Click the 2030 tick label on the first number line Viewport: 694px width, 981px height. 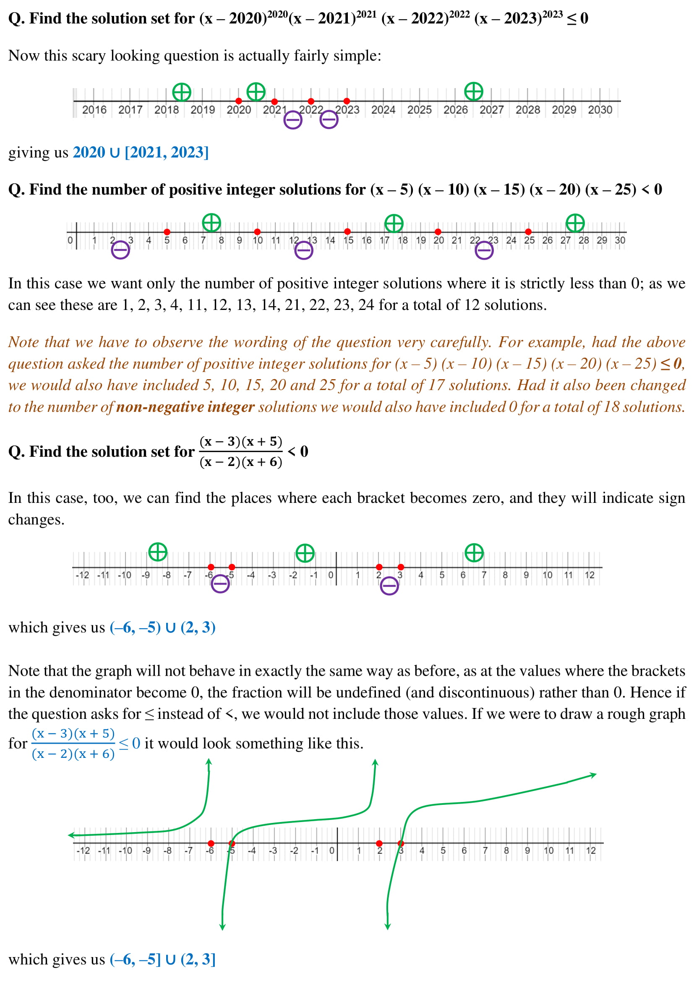point(600,110)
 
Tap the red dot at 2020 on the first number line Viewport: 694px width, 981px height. point(238,101)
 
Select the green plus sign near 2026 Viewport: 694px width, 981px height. point(473,91)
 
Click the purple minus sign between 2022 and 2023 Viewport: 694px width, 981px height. point(329,120)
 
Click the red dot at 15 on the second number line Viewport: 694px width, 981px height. point(347,232)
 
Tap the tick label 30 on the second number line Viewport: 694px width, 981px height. point(620,240)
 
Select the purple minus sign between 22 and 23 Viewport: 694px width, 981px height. point(484,250)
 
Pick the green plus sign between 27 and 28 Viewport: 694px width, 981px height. point(575,223)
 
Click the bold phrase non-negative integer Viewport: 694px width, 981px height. point(185,407)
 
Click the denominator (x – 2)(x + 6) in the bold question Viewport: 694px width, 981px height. point(240,462)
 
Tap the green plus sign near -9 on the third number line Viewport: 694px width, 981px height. point(158,552)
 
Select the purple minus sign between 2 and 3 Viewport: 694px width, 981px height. point(389,586)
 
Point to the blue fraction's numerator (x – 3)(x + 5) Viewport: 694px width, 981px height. point(73,734)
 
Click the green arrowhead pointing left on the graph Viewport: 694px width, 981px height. point(71,835)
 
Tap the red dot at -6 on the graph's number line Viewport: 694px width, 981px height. point(211,843)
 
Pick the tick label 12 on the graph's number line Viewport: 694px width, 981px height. point(591,851)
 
